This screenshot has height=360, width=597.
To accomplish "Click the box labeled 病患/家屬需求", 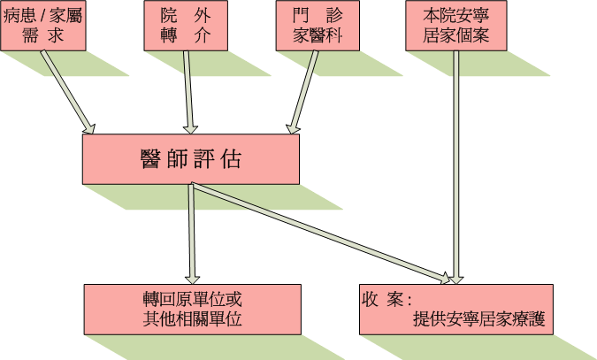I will point(43,26).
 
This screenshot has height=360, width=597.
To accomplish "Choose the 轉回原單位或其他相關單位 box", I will point(192,309).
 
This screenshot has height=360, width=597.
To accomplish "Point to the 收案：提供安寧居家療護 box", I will point(456,309).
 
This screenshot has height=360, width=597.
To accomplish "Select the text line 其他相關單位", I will point(192,319).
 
